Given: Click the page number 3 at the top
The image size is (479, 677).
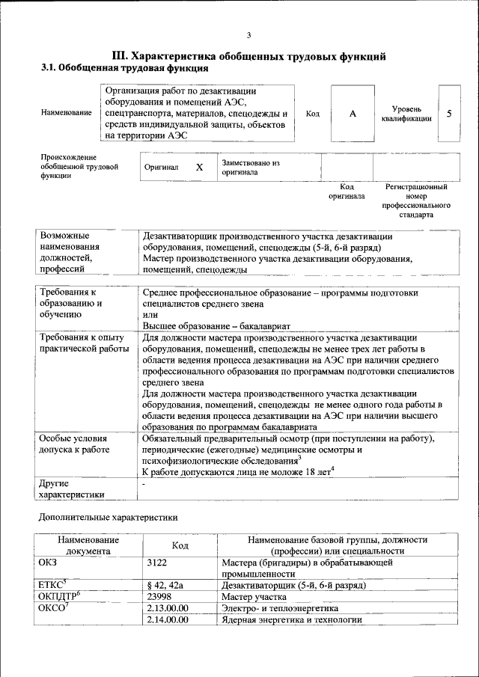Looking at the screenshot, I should coord(249,35).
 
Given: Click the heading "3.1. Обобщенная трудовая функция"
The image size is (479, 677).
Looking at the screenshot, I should coord(124,68).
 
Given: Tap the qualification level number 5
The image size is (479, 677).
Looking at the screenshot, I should coord(449,113).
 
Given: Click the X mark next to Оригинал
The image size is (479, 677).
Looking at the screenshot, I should coord(199,168).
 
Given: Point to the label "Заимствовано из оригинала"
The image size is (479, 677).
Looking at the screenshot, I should coord(250,167).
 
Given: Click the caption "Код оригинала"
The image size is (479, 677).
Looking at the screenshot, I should coord(347,192).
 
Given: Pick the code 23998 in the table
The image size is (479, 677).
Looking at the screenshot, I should coord(161,597).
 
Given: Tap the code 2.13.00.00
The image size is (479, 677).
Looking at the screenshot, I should coord(168,608).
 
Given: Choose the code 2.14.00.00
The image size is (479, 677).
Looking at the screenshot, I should coord(168,620).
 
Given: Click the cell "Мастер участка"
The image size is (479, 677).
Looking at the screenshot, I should coord(254,597).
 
